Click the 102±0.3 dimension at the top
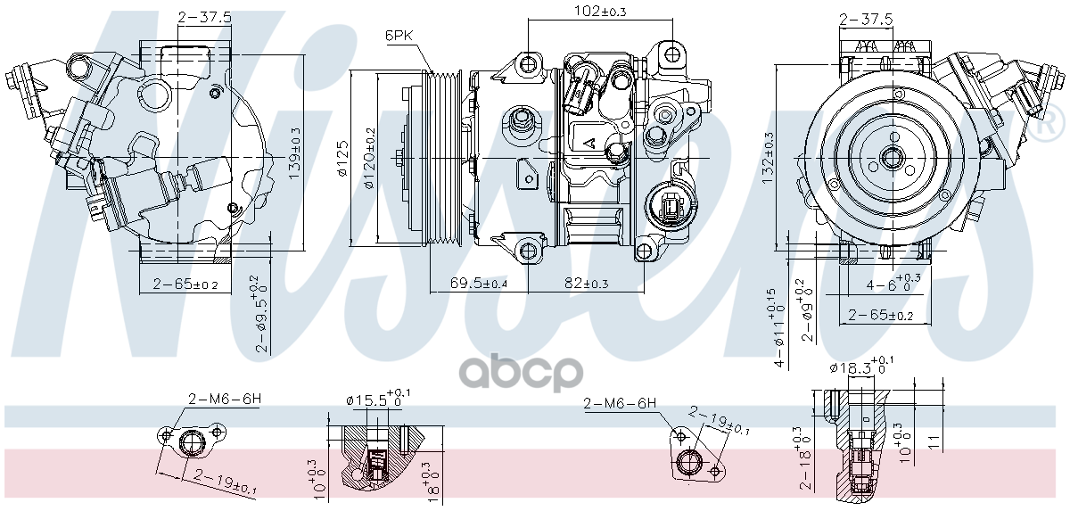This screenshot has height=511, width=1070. click(577, 12)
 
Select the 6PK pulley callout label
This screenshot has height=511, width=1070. click(398, 36)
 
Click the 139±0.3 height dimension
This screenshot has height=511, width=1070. click(296, 153)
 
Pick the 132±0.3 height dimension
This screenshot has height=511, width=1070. click(769, 159)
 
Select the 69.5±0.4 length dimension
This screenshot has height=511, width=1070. click(478, 283)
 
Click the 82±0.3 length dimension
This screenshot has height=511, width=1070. click(585, 283)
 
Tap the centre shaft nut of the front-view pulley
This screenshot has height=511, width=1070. click(892, 159)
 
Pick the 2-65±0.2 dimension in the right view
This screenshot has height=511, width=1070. click(880, 315)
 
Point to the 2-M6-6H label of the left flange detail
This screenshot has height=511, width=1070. click(223, 399)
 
